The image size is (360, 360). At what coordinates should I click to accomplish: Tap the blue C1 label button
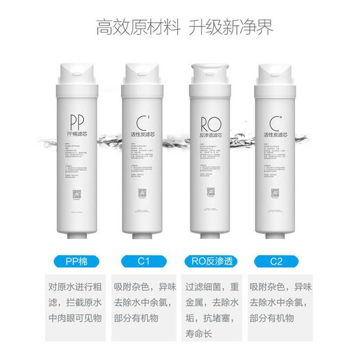[x=142, y=262]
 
